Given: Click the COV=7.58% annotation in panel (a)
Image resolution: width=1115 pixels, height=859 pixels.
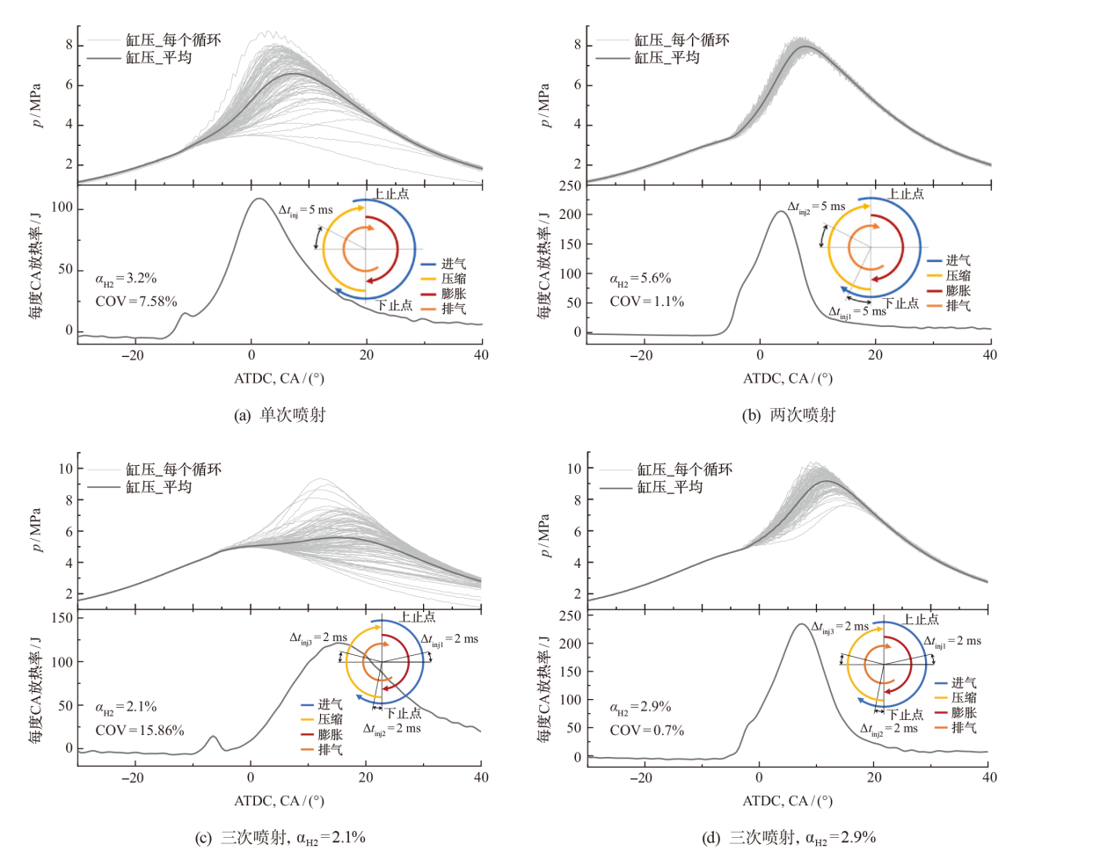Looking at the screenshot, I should (135, 302).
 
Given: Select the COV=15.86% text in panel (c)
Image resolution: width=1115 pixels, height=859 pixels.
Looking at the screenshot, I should (140, 731).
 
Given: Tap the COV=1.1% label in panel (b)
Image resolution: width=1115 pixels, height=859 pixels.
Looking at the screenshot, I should (646, 302).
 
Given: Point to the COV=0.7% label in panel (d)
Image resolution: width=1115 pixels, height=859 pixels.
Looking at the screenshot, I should (646, 731).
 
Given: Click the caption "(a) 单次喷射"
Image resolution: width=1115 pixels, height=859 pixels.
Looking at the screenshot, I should (280, 415).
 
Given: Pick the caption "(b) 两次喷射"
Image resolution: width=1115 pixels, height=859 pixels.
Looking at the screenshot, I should (789, 415).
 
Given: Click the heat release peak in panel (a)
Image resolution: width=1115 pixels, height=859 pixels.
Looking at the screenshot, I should (258, 199).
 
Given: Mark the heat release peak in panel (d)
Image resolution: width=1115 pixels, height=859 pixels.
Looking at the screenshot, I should (800, 624).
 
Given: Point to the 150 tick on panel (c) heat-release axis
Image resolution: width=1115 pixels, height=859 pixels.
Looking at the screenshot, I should (62, 618).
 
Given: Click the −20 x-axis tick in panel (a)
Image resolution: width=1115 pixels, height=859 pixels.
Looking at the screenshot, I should (133, 355).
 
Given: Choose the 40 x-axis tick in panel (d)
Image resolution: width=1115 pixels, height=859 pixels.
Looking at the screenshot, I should (990, 777).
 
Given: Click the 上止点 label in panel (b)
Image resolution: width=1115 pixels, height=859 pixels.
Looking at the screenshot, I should (905, 194).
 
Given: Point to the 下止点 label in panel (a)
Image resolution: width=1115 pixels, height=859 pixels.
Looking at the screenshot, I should (395, 306).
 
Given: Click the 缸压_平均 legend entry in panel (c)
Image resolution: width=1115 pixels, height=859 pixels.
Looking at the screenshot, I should (158, 487).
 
